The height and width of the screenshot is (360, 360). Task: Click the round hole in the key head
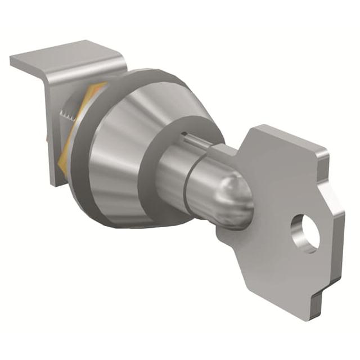[x=305, y=233]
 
